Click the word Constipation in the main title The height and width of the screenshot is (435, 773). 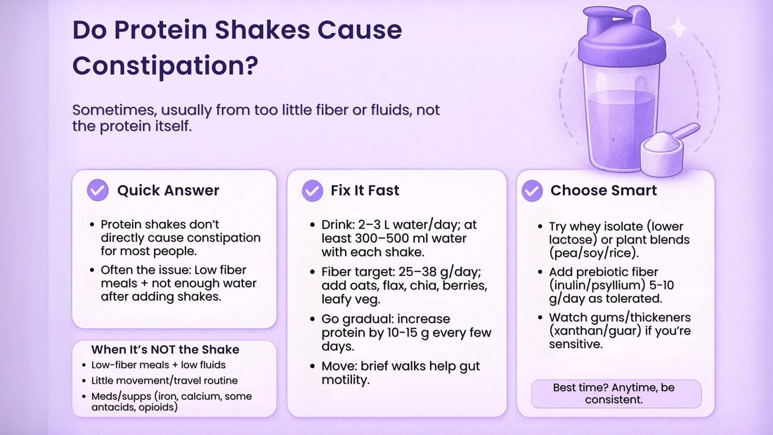[x=165, y=65]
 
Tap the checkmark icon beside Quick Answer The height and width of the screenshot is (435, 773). [x=98, y=190]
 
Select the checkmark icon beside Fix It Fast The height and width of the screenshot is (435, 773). [x=312, y=190]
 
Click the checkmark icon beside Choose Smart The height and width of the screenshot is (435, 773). [x=532, y=190]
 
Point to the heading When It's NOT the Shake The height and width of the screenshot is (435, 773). [x=165, y=349]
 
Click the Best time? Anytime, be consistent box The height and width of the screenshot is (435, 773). [x=616, y=393]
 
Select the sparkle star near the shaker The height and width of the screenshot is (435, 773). [x=679, y=29]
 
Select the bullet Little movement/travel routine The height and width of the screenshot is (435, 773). [x=164, y=380]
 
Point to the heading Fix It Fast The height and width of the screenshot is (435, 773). [x=365, y=190]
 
